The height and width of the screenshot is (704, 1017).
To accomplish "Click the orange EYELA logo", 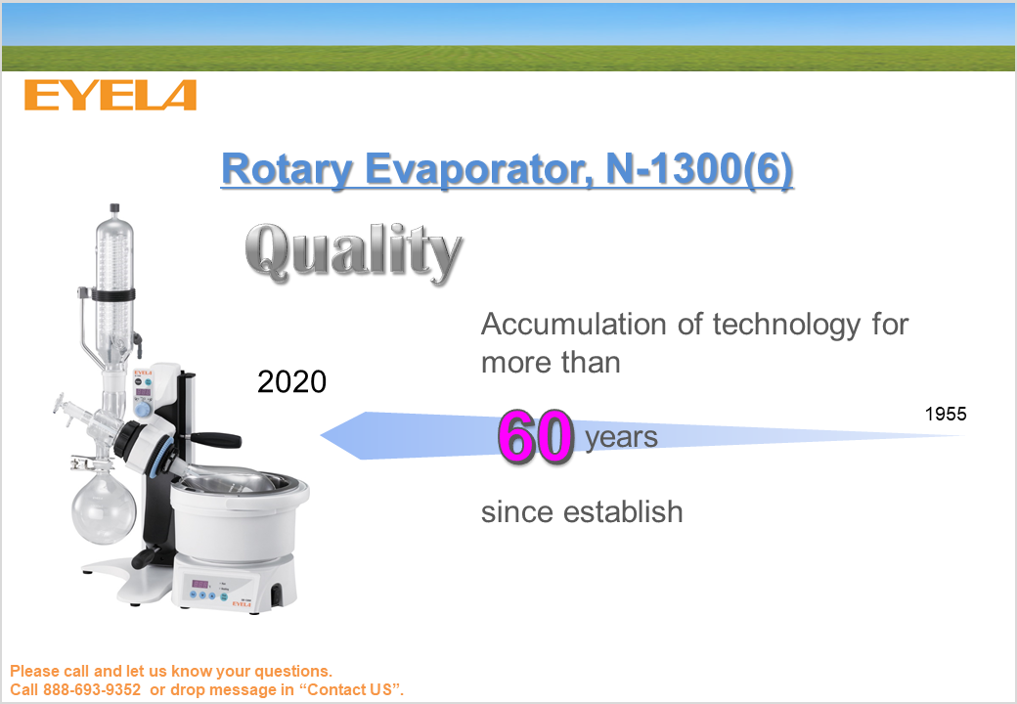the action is click(x=111, y=95).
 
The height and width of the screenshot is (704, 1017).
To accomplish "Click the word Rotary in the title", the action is click(x=287, y=169).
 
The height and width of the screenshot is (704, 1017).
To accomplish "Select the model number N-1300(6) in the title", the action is click(x=699, y=169).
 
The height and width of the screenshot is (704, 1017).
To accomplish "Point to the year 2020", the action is click(x=291, y=381).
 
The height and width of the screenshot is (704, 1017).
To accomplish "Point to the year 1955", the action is click(x=946, y=414).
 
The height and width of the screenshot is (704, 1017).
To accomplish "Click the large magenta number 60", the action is click(x=536, y=437).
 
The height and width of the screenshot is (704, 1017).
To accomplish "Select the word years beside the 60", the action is click(x=621, y=438).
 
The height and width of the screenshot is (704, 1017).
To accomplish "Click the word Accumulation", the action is click(x=574, y=324).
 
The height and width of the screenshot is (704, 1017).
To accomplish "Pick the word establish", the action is click(x=623, y=511).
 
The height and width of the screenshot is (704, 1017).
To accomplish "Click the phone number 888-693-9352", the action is click(x=92, y=689).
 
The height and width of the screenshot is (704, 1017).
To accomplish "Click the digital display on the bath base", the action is click(x=199, y=584).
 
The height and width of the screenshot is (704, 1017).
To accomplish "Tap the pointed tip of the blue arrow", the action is click(x=322, y=436).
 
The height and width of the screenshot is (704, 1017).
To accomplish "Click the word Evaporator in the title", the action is click(x=479, y=169).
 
